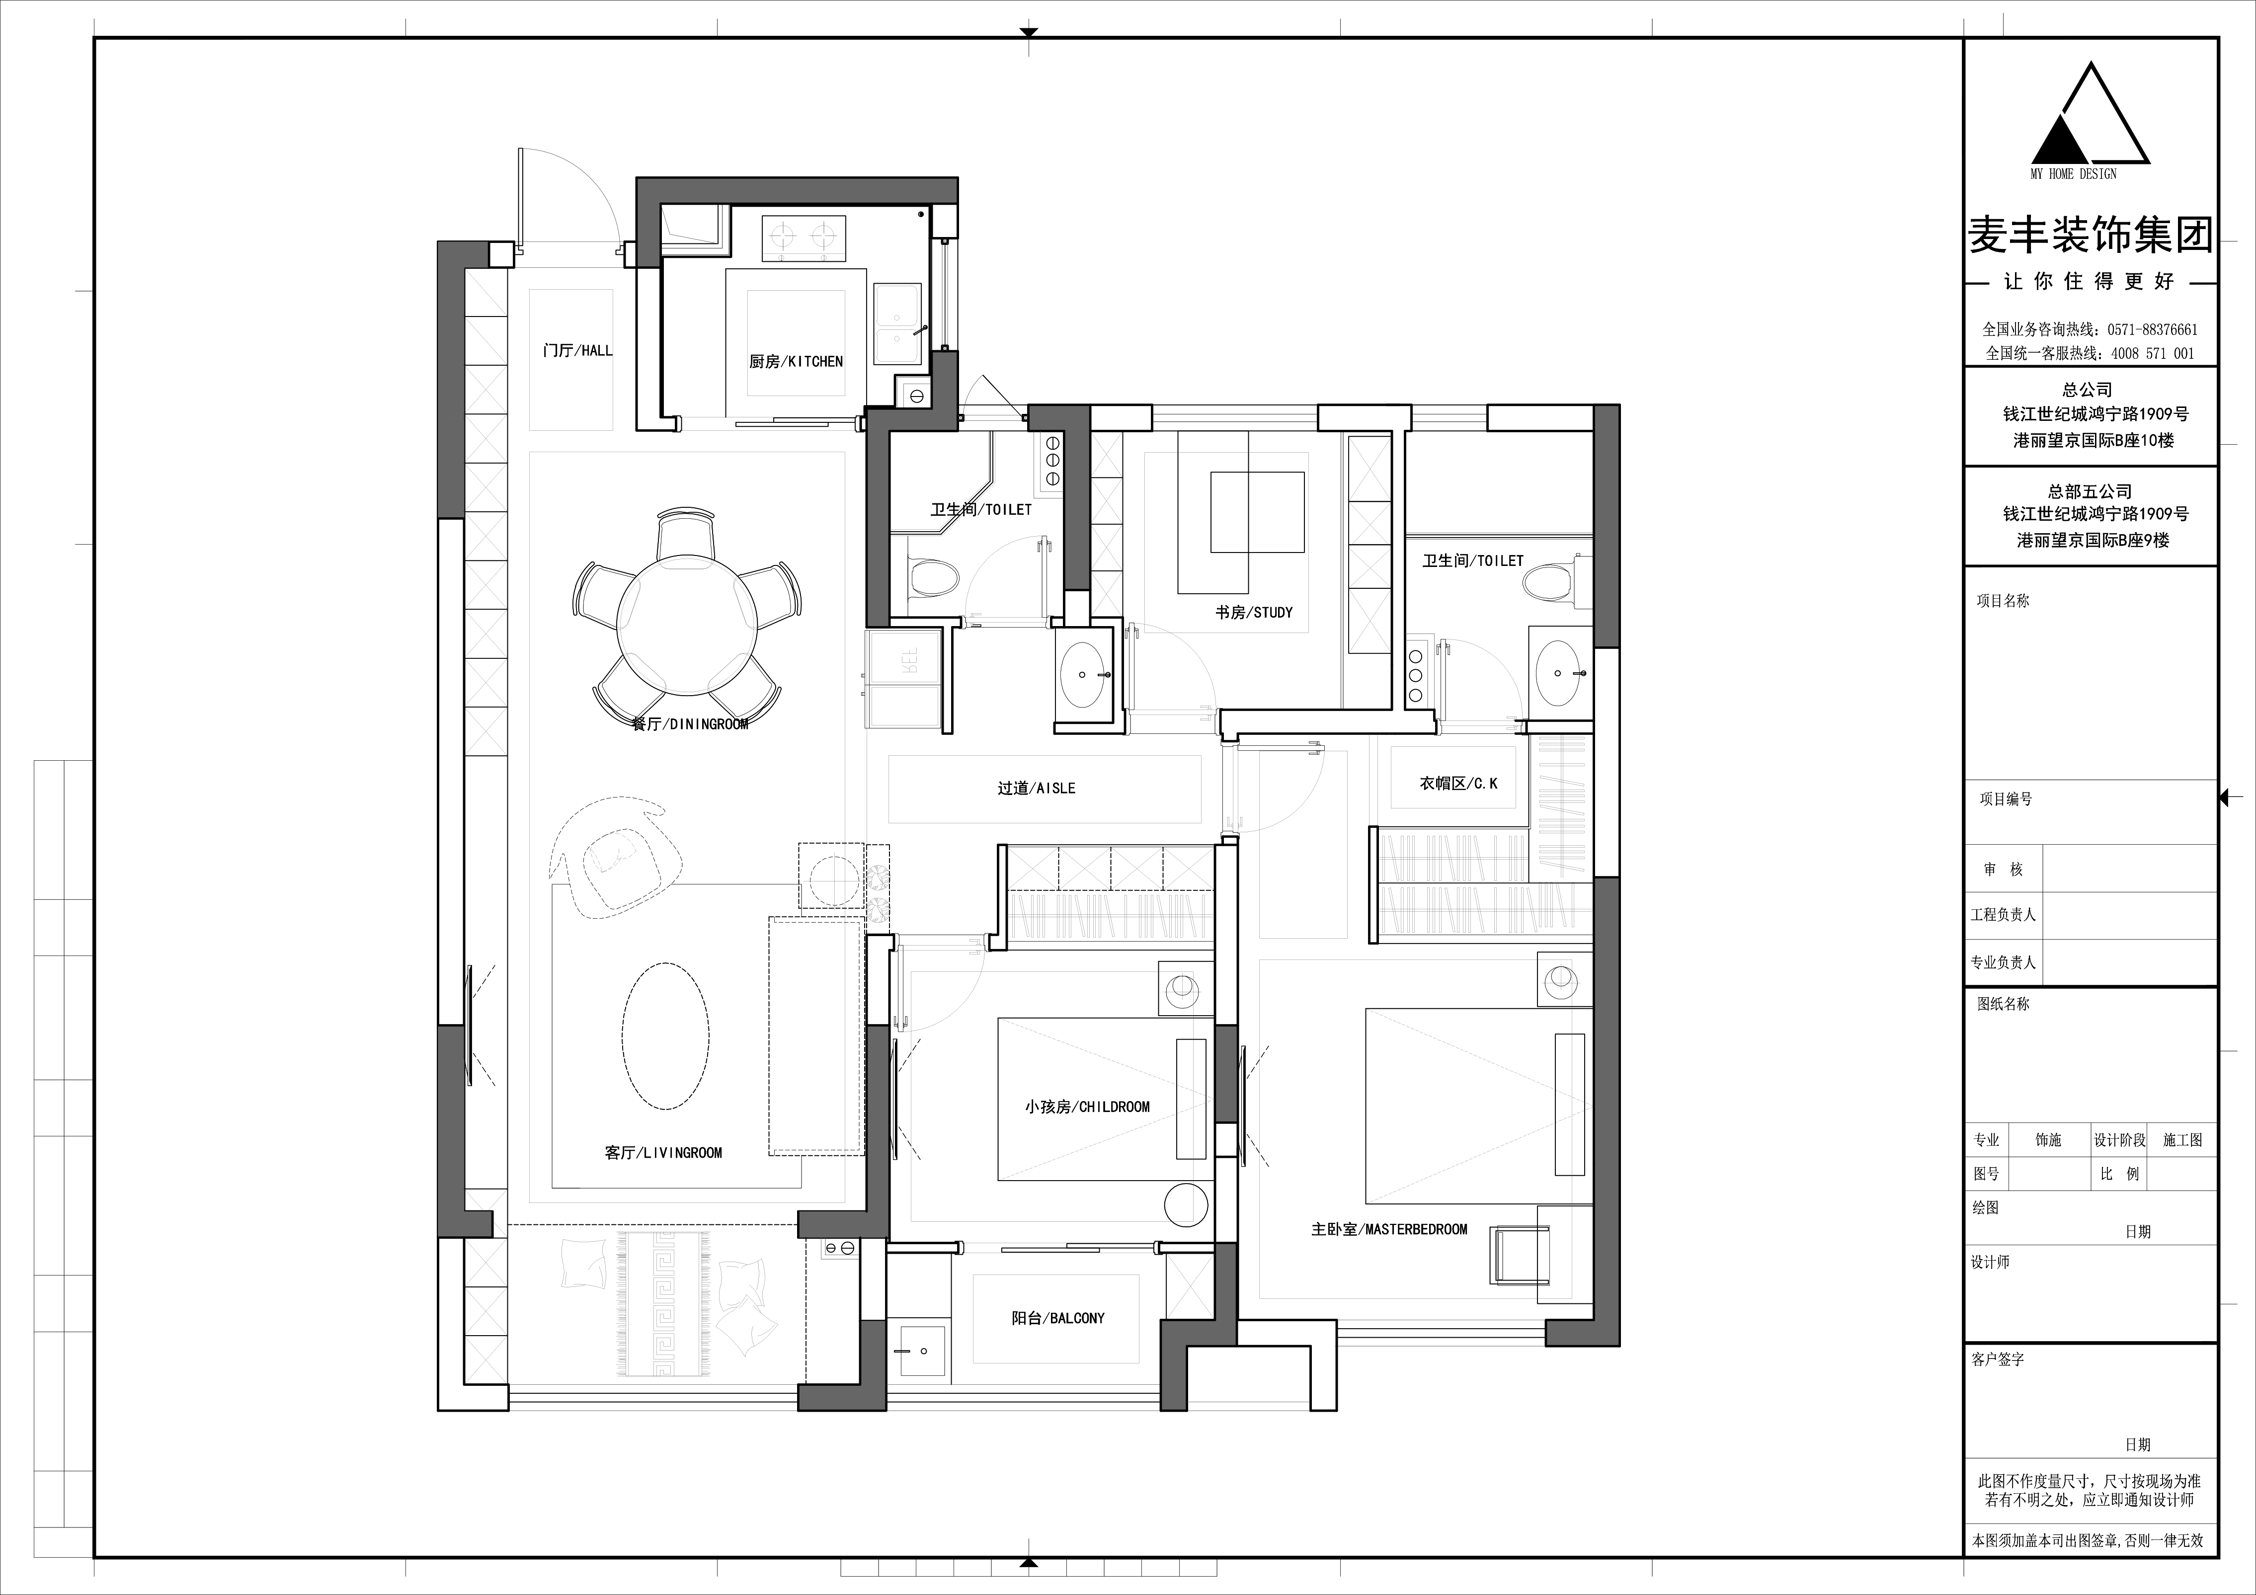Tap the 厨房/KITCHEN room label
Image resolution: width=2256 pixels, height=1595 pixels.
[x=796, y=362]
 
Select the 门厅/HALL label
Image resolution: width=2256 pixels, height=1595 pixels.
[x=578, y=350]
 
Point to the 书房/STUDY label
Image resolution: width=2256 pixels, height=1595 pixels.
[x=1254, y=612]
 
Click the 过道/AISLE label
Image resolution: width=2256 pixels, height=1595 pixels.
[x=1037, y=788]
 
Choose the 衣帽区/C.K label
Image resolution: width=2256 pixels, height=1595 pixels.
[x=1458, y=783]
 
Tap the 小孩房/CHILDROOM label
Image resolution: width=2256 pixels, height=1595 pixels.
[x=1087, y=1107]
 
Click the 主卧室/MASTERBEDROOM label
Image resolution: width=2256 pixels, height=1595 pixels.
[x=1389, y=1229]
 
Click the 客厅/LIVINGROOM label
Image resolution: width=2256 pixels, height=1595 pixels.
[x=663, y=1153]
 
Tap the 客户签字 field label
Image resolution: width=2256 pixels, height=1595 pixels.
[x=1998, y=1359]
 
